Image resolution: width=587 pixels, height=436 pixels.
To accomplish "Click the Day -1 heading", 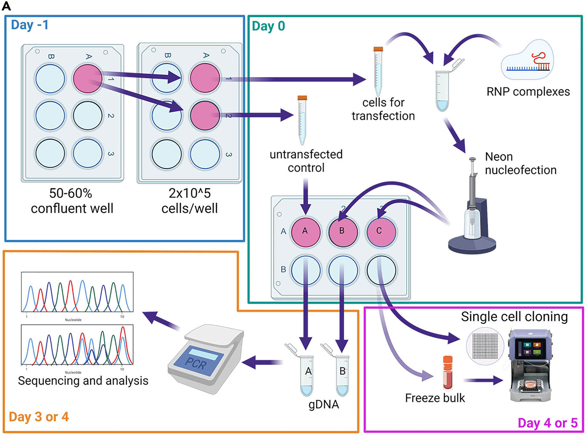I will tap(30, 25).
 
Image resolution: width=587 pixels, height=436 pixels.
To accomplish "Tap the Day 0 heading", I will tap(268, 26).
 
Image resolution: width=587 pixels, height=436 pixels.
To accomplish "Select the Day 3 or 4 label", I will tap(39, 417).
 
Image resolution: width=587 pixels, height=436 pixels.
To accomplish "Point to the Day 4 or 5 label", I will tap(548, 423).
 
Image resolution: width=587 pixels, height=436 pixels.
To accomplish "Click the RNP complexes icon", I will tap(528, 61).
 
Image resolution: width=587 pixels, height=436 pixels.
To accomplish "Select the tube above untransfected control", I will tap(302, 120).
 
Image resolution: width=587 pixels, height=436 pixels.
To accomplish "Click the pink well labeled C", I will tap(381, 231).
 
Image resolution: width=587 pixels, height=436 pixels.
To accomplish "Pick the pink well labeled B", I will tap(343, 231).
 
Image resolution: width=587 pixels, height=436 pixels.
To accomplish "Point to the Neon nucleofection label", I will tap(520, 163).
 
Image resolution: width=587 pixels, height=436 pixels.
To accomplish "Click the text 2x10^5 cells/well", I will tap(190, 201).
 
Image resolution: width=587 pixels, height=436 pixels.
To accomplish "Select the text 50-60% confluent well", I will tap(72, 201).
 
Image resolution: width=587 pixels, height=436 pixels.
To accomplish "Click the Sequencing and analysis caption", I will tap(83, 381).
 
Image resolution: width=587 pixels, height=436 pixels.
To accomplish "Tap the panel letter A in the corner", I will tap(6, 6).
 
